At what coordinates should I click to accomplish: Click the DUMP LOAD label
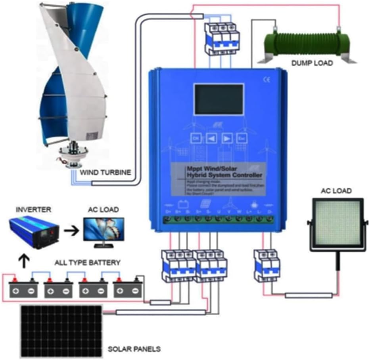[311, 63]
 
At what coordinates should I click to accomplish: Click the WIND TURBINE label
[106, 173]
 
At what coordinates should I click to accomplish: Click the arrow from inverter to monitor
[72, 230]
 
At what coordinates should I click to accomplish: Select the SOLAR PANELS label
[134, 349]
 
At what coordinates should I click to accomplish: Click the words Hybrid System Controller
[224, 175]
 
